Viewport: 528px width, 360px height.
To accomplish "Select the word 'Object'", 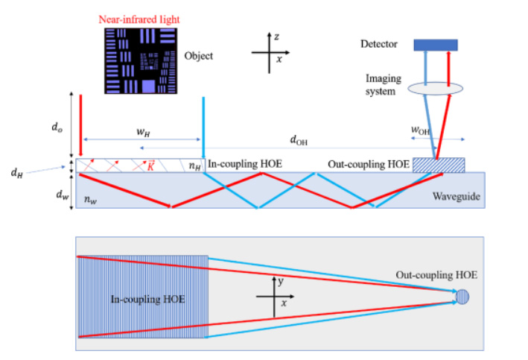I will (x=198, y=56).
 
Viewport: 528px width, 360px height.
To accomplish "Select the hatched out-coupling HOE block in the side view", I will (x=439, y=165).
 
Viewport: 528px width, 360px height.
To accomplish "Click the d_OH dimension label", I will (x=301, y=139).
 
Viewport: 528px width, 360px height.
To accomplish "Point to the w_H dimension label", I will (x=139, y=132).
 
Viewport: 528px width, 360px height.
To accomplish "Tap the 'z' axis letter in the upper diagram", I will (x=277, y=37).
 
